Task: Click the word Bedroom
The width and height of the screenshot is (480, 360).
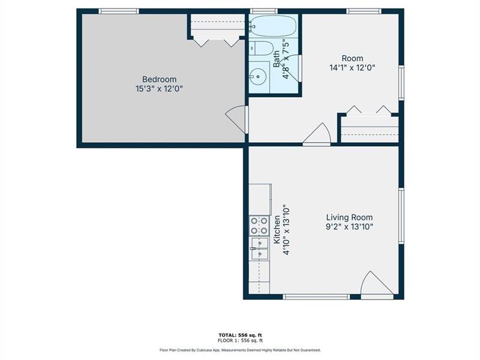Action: pos(159,79)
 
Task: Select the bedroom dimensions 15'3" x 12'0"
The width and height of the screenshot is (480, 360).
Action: pos(159,89)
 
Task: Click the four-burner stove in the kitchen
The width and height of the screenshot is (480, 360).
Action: pos(259,226)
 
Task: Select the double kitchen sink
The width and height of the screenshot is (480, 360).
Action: pos(259,248)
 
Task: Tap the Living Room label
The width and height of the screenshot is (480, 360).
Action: pos(349,217)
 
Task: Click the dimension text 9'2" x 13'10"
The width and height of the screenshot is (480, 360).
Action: pos(349,227)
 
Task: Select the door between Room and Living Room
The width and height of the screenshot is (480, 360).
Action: pos(317,135)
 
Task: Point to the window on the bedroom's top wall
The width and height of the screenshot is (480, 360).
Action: pos(119,11)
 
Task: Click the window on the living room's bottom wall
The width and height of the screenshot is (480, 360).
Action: pos(316,296)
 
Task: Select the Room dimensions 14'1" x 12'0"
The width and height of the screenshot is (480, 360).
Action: pos(353,68)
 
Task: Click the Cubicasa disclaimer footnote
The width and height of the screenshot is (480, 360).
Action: pos(240,350)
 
